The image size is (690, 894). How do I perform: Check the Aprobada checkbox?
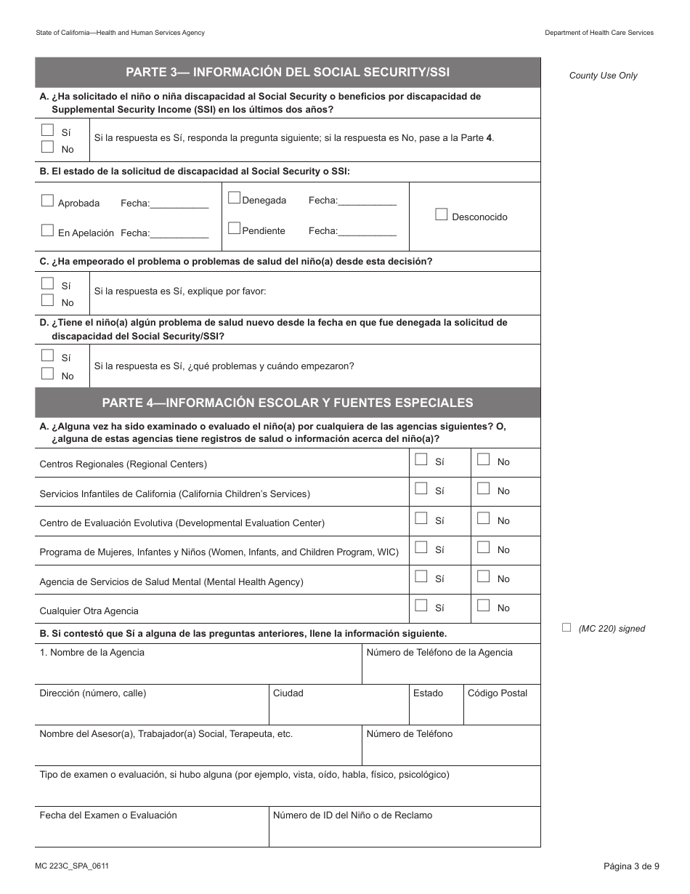(x=47, y=201)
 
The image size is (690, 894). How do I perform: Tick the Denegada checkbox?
(x=234, y=198)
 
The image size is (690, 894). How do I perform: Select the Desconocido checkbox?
(x=441, y=214)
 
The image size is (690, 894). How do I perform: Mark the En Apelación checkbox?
(x=47, y=230)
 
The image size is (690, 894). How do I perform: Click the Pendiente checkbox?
(x=234, y=228)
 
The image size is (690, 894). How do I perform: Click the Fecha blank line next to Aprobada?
(x=179, y=204)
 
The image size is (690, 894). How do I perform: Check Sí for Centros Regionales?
(x=421, y=459)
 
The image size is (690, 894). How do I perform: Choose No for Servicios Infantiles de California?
(x=483, y=488)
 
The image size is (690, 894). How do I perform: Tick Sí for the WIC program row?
(x=421, y=547)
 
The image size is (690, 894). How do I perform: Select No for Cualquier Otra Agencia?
(x=483, y=605)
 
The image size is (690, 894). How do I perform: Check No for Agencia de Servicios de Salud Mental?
(x=483, y=576)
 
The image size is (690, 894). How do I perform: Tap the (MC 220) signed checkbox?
(x=567, y=628)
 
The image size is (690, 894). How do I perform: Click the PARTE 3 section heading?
(x=288, y=72)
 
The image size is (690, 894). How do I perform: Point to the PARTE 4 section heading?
(x=288, y=403)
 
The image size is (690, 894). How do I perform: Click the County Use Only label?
(x=603, y=76)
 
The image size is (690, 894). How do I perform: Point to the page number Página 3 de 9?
(x=631, y=866)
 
